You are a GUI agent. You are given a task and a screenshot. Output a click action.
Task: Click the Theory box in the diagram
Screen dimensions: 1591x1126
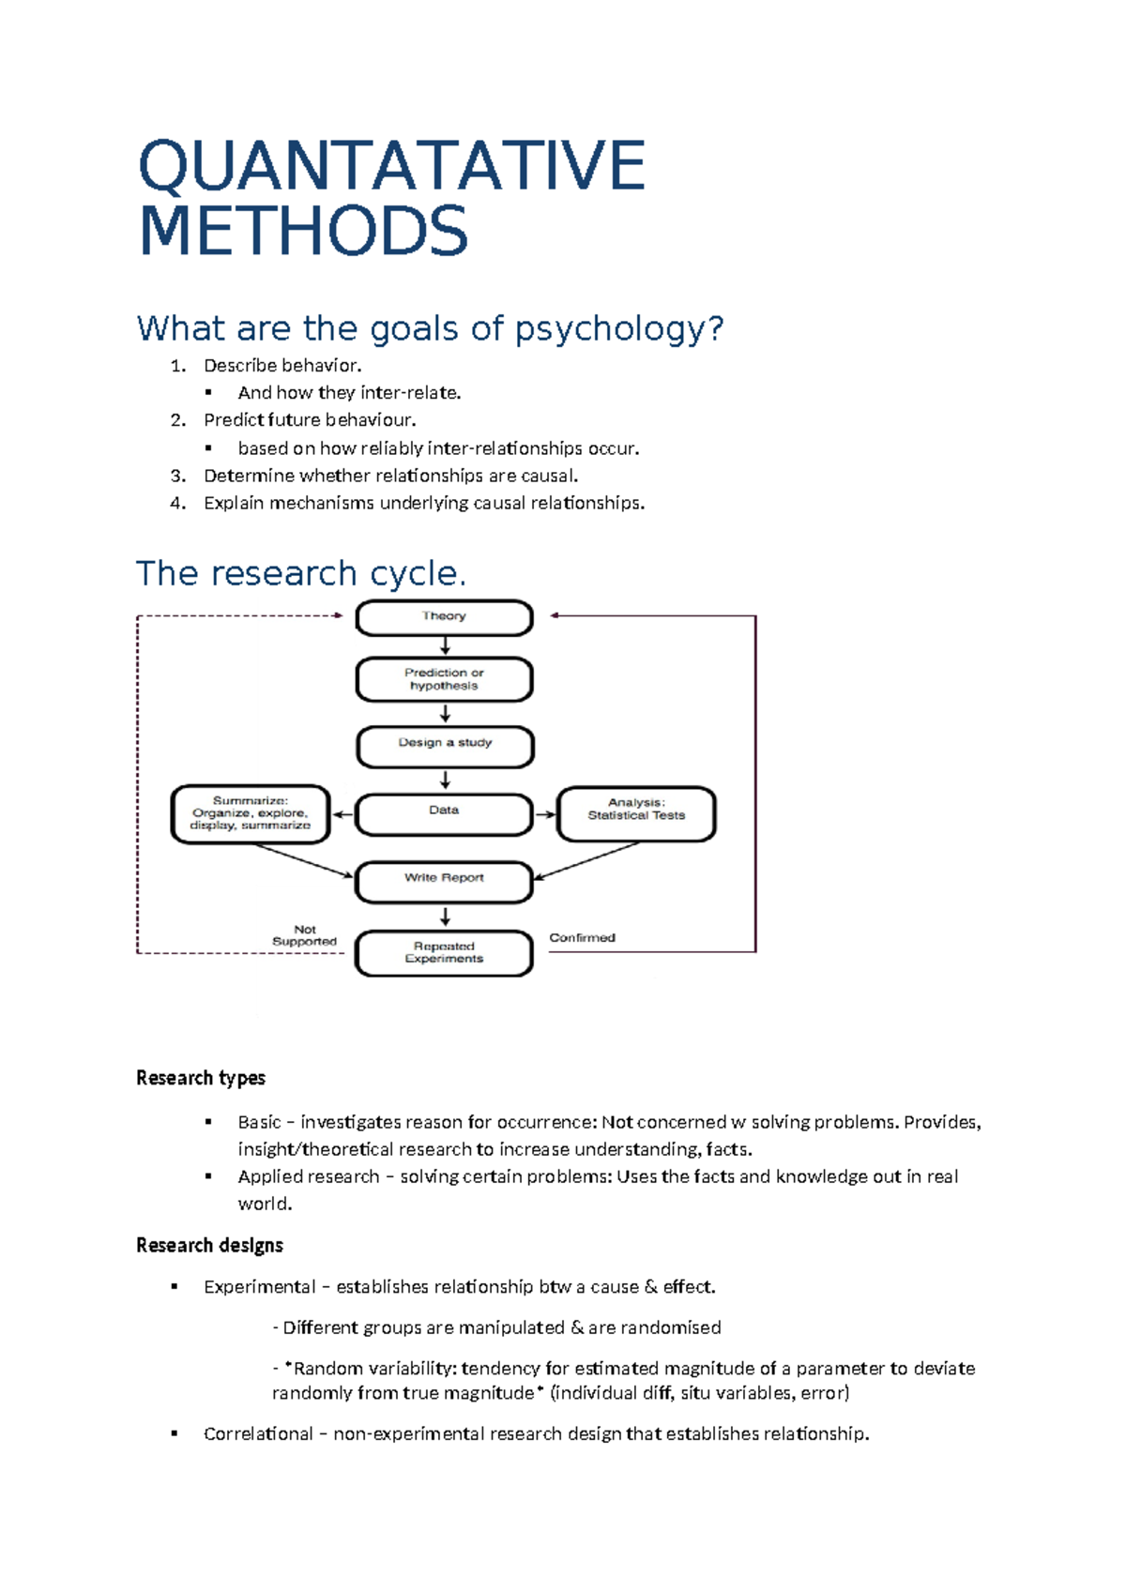444,617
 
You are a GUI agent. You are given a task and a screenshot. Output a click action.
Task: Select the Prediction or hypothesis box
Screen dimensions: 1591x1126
444,679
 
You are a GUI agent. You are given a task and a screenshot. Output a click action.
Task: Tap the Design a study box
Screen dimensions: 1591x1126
444,746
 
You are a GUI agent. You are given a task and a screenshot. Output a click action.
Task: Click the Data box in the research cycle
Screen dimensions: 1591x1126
444,813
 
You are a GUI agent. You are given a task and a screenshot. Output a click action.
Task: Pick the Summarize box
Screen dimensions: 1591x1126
251,813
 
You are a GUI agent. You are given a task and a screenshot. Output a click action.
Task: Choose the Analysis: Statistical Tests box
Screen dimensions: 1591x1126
636,813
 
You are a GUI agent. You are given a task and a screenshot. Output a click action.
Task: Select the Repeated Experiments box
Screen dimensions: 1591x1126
444,953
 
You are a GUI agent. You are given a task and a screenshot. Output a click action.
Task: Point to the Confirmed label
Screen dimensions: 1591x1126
582,937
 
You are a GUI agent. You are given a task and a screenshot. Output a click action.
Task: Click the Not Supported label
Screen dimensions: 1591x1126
304,935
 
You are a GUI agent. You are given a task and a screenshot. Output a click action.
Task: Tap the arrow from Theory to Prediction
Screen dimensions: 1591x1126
445,646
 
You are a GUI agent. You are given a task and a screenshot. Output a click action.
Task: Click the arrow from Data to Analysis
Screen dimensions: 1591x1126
545,814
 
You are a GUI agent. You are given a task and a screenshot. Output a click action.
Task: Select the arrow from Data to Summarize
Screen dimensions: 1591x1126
342,814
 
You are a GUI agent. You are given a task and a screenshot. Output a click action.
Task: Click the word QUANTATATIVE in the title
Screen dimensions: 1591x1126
391,165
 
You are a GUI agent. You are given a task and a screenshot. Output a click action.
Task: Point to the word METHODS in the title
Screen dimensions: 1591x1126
303,231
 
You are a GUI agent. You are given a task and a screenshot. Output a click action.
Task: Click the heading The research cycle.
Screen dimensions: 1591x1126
300,573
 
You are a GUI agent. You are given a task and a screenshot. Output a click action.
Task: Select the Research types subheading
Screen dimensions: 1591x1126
201,1078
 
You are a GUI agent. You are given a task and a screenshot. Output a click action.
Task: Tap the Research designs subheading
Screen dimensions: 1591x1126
209,1245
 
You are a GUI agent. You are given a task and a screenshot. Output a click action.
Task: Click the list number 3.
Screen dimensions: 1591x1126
177,476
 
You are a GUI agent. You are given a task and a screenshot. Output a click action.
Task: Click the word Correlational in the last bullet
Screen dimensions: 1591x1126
258,1433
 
